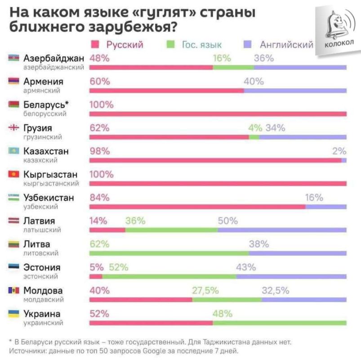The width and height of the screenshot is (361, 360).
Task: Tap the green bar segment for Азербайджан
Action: [x=233, y=67]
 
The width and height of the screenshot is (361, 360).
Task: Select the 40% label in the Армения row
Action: [x=254, y=81]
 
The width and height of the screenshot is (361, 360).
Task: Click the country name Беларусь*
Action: [x=46, y=105]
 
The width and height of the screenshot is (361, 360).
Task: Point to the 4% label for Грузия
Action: [x=255, y=128]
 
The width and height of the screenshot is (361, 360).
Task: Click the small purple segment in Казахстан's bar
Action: [x=344, y=160]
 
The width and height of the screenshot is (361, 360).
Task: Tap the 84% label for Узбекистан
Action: [x=100, y=198]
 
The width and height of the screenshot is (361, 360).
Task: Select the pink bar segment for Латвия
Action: [x=107, y=230]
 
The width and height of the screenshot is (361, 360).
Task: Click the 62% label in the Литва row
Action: [x=100, y=244]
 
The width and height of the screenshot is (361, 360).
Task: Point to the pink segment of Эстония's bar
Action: [x=96, y=276]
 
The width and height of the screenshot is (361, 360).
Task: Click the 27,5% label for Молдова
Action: [x=205, y=290]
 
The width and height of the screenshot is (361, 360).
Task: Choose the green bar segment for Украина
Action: [x=279, y=323]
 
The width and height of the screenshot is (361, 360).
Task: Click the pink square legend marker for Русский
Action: [x=95, y=45]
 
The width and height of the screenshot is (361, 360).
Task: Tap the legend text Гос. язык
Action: [x=201, y=45]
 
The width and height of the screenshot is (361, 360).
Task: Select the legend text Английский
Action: [x=286, y=45]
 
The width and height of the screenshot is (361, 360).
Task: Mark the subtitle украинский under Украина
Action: [x=43, y=323]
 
